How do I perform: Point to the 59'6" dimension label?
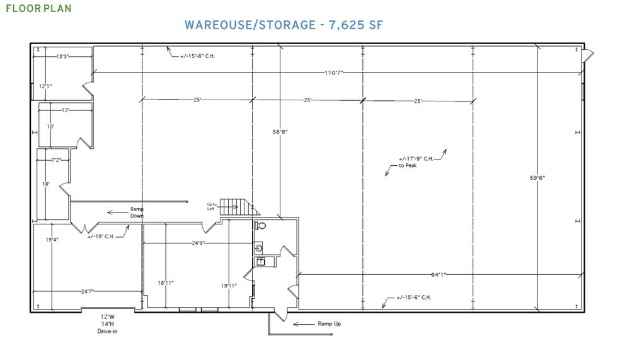pyautogui.click(x=537, y=178)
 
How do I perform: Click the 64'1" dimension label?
pyautogui.click(x=439, y=274)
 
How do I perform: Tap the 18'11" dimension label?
pyautogui.click(x=166, y=283)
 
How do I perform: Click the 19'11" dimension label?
pyautogui.click(x=228, y=286)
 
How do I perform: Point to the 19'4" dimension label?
pyautogui.click(x=52, y=240)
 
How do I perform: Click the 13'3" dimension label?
pyautogui.click(x=62, y=57)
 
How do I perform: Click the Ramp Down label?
pyautogui.click(x=137, y=212)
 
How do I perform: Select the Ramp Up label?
pyautogui.click(x=329, y=323)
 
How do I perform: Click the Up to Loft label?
pyautogui.click(x=212, y=206)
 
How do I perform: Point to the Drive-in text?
pyautogui.click(x=108, y=331)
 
